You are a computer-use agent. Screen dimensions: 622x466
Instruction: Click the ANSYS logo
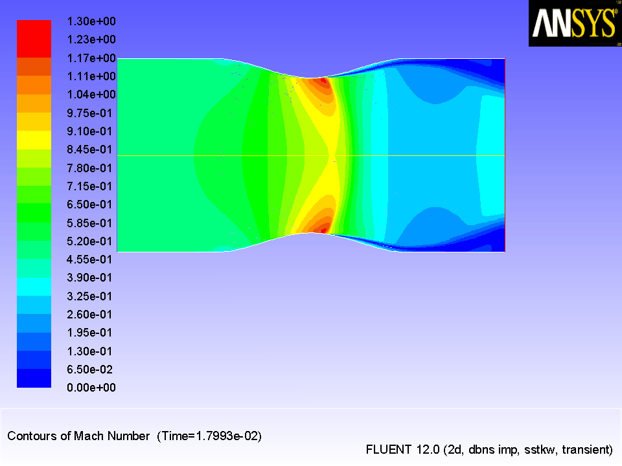point(575,23)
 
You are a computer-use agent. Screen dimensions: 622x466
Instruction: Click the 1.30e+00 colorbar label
point(91,21)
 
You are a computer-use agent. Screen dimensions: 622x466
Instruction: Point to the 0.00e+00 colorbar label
point(91,388)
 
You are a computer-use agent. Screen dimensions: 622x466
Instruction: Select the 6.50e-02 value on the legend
point(89,370)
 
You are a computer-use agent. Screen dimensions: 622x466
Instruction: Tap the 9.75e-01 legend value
point(89,113)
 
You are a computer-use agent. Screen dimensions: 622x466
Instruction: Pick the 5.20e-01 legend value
point(89,241)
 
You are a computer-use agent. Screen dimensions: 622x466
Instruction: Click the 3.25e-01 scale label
point(89,296)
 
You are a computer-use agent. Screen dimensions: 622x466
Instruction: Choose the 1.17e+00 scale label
point(91,58)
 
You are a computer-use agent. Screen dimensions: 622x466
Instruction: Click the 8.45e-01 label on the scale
point(89,150)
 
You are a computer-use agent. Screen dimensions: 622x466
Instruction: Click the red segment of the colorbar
point(34,39)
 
